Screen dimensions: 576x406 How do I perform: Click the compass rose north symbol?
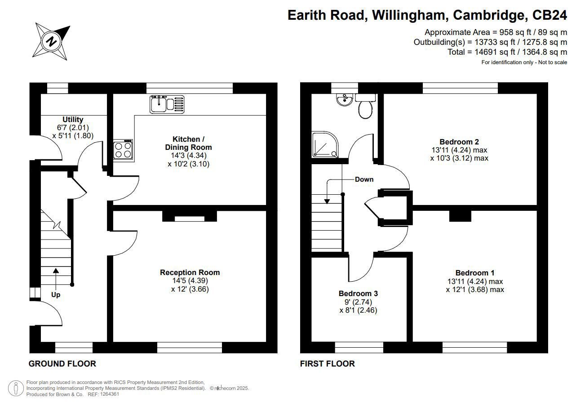(51, 41)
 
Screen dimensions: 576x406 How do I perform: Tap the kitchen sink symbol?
(167, 104)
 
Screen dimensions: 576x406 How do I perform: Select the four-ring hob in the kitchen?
(123, 150)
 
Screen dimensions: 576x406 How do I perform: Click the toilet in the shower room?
(365, 106)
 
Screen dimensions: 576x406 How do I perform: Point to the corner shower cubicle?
(325, 144)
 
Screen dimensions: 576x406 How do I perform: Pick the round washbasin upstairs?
(344, 100)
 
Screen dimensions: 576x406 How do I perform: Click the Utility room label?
(73, 119)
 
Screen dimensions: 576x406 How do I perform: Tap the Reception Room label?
(190, 272)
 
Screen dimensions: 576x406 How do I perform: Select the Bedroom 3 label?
(358, 293)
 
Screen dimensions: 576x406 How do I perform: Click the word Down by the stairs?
(364, 179)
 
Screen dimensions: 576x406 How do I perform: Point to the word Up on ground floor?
(56, 295)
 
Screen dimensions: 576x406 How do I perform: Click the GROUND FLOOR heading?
(62, 364)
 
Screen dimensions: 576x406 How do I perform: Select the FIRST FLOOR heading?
(328, 364)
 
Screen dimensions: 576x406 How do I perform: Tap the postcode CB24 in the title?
(549, 15)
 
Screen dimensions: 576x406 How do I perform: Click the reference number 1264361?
(110, 394)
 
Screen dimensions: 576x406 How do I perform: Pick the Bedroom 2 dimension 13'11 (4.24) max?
(459, 150)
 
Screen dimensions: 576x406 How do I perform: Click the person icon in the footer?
(16, 388)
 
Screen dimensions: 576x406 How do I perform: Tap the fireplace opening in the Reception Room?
(190, 219)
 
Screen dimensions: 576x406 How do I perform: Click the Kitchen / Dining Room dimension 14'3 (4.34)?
(189, 155)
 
